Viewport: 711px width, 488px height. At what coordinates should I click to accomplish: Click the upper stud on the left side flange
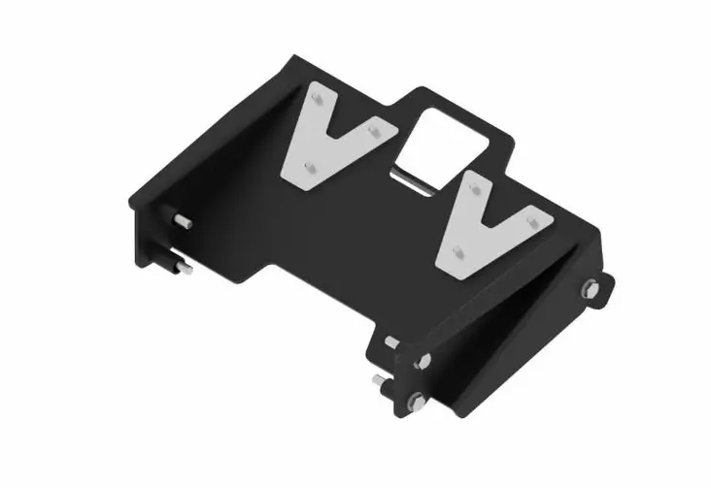point(182,222)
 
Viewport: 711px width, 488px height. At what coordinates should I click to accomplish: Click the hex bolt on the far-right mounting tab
point(589,287)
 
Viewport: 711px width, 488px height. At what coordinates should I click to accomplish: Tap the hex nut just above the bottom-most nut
point(423,361)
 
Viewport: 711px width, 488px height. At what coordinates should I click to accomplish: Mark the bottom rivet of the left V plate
point(309,167)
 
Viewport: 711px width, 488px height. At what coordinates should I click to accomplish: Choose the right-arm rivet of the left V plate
point(374,136)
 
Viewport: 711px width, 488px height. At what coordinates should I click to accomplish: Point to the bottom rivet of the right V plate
point(460,251)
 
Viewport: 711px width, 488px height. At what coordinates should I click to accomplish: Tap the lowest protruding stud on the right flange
point(381,382)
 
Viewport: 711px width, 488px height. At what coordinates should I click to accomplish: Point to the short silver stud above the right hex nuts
point(391,342)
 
